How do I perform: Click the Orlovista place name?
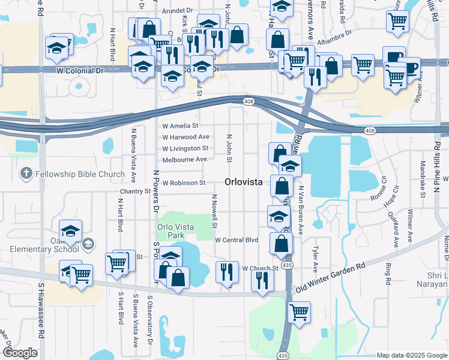pos(244,182)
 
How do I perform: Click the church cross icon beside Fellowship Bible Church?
pos(25,174)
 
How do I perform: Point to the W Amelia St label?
pos(180,126)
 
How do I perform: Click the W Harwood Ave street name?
pos(185,137)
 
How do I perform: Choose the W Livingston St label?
pos(185,148)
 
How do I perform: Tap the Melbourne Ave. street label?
pos(185,159)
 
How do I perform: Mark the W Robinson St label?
pos(184,182)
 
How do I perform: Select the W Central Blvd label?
pos(237,240)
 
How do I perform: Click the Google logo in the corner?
pos(20,353)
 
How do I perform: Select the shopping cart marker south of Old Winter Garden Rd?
pos(298,312)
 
